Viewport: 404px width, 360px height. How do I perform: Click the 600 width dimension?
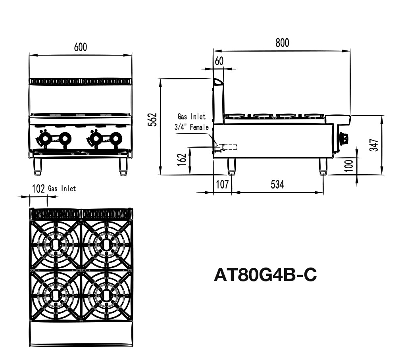(80, 47)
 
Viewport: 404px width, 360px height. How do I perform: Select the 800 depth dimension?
(282, 42)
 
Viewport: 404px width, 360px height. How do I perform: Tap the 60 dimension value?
(219, 61)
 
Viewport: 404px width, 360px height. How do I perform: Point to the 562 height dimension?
(153, 119)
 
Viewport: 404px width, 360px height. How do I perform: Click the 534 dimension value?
(277, 184)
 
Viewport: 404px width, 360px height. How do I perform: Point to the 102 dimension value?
(38, 189)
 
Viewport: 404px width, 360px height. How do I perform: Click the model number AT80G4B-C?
(265, 275)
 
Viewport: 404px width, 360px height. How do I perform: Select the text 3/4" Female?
(191, 127)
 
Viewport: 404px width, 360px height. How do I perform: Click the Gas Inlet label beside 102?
(62, 189)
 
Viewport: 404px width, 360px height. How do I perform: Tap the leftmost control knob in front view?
(44, 139)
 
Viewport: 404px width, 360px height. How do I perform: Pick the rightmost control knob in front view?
(116, 138)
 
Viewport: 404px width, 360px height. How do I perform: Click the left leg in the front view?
(38, 166)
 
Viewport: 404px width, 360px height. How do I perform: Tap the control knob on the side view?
(344, 139)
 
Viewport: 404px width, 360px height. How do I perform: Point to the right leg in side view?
(323, 167)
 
